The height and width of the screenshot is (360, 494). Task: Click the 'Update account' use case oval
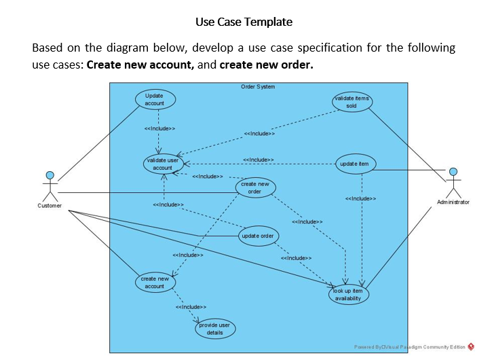(155, 99)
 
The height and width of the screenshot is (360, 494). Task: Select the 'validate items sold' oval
(351, 102)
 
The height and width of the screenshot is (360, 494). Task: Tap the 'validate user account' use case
(163, 164)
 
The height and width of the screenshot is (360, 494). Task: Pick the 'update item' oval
(356, 164)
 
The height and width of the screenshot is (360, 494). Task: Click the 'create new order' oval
(255, 187)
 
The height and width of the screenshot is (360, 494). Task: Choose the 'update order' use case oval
(258, 236)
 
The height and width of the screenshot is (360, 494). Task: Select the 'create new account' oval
(155, 283)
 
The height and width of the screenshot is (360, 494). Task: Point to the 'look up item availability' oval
(349, 294)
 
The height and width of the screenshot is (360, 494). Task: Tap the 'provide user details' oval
(215, 329)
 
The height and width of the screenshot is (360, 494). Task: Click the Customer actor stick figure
(50, 185)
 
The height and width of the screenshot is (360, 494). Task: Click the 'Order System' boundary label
(258, 87)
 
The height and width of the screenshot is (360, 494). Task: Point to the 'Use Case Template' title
(244, 22)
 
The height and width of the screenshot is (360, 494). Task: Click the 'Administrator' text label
(453, 202)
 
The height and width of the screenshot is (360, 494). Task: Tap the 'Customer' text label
(50, 206)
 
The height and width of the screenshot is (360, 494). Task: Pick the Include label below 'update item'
(360, 199)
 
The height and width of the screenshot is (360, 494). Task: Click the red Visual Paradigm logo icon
(471, 346)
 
